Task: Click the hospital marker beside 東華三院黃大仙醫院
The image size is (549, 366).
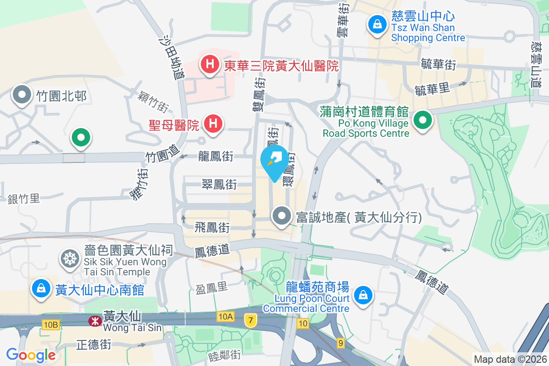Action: (210, 64)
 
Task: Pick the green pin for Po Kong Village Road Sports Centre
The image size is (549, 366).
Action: (423, 121)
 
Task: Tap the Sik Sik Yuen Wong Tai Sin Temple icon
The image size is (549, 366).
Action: (70, 259)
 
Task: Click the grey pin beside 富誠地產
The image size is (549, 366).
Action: (282, 215)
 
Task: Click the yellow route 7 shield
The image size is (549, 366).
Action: (250, 320)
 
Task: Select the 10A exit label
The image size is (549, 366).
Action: (226, 317)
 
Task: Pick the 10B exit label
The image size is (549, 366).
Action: (50, 324)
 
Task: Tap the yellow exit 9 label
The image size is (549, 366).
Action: (340, 342)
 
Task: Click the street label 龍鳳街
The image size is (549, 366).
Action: (216, 157)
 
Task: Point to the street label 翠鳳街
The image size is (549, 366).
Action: (219, 184)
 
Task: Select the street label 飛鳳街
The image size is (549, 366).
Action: (212, 227)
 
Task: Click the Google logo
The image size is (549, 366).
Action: (31, 355)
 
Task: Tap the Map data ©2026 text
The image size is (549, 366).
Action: (510, 359)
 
